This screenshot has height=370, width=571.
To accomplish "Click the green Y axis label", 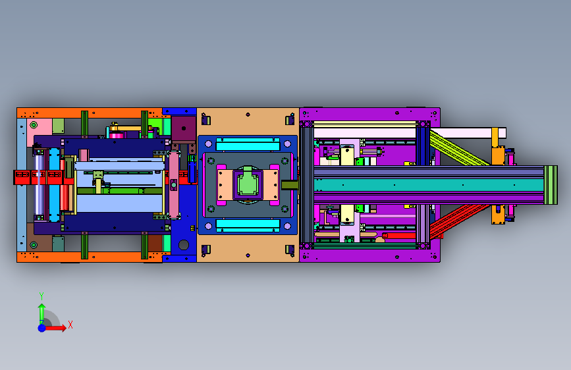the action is pyautogui.click(x=41, y=296).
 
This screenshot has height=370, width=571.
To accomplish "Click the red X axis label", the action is pyautogui.click(x=70, y=325).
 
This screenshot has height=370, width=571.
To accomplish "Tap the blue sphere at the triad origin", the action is pyautogui.click(x=42, y=328).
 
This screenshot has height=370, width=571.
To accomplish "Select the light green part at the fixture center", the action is pyautogui.click(x=248, y=183).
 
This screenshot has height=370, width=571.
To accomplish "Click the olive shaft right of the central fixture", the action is pyautogui.click(x=290, y=185).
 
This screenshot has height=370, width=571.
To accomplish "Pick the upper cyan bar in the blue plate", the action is pyautogui.click(x=248, y=144).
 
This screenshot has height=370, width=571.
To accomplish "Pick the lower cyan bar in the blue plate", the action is pyautogui.click(x=248, y=225).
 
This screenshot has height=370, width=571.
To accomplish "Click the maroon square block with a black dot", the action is pyautogui.click(x=184, y=129).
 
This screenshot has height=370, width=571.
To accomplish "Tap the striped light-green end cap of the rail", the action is pyautogui.click(x=551, y=185).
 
